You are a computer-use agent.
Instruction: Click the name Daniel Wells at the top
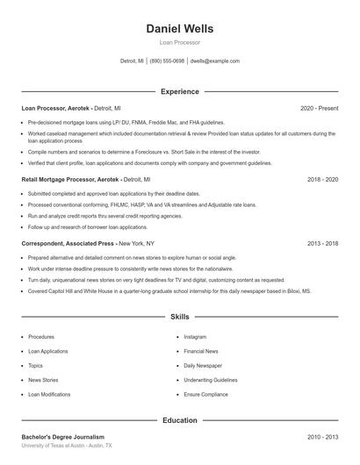[x=179, y=28]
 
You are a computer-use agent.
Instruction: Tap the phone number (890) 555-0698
[x=167, y=61]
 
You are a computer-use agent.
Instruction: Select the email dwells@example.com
[x=215, y=61]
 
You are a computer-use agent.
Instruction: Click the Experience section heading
[x=179, y=91]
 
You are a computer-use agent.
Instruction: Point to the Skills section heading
[x=179, y=316]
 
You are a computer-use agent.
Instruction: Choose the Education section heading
[x=179, y=420]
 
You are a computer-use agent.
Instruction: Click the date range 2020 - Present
[x=319, y=108]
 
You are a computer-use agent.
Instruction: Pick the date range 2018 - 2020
[x=323, y=179]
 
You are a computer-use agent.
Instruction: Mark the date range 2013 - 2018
[x=323, y=243]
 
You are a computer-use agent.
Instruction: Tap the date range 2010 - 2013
[x=323, y=436]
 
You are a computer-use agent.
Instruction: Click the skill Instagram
[x=195, y=337]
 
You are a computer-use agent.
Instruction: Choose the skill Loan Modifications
[x=49, y=395]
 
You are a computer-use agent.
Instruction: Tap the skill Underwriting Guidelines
[x=211, y=380]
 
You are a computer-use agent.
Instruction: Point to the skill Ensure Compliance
[x=205, y=395]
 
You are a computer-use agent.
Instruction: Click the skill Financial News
[x=201, y=351]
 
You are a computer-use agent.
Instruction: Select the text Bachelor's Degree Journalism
[x=62, y=436]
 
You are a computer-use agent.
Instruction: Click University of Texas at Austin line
[x=66, y=446]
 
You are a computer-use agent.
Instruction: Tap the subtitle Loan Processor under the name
[x=179, y=42]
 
